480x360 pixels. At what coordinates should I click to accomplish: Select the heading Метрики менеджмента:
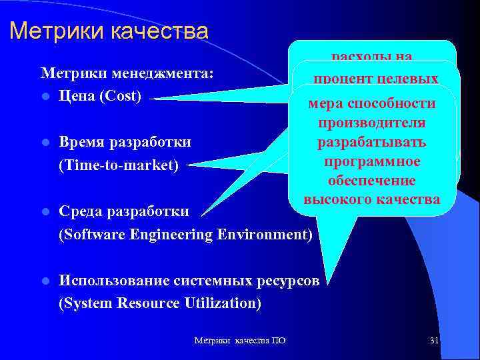tap(127, 73)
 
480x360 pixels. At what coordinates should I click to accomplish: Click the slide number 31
tap(434, 341)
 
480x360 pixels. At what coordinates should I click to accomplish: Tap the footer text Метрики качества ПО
tap(240, 341)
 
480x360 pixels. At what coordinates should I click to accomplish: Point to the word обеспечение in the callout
tap(371, 181)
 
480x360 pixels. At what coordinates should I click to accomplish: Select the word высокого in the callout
tap(339, 199)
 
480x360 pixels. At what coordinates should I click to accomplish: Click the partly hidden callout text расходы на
tap(372, 57)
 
